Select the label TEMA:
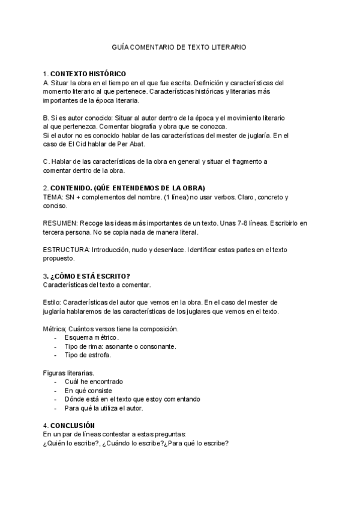click(53, 197)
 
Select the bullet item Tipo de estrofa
click(88, 355)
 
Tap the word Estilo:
click(52, 302)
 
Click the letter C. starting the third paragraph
click(46, 161)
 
